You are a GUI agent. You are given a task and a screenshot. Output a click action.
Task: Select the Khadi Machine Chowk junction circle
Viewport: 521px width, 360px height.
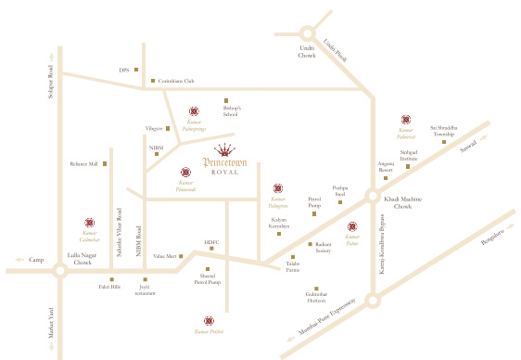coord(372,197)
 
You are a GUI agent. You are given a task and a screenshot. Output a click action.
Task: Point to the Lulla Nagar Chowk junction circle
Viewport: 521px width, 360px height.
coord(59,270)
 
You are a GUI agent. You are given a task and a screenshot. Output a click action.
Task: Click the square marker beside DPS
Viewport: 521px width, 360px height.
coord(137,69)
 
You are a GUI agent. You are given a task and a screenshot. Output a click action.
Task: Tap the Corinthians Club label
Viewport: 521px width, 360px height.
coord(176,82)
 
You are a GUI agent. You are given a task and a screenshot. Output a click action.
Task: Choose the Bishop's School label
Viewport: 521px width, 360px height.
coord(231,111)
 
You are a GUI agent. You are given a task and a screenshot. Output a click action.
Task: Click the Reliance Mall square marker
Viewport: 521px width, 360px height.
coord(105,164)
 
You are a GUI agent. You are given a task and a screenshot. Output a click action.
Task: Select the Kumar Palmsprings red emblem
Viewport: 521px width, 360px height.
coord(194,111)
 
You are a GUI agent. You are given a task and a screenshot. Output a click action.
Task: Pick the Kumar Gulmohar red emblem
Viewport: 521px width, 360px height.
coord(89,223)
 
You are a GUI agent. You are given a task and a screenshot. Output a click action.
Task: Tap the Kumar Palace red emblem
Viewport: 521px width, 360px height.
coord(351,226)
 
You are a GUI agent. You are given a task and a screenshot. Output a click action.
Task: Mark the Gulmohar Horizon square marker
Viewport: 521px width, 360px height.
coord(316,289)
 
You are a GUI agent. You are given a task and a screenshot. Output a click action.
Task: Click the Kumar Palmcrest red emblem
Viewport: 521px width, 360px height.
coord(406,120)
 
